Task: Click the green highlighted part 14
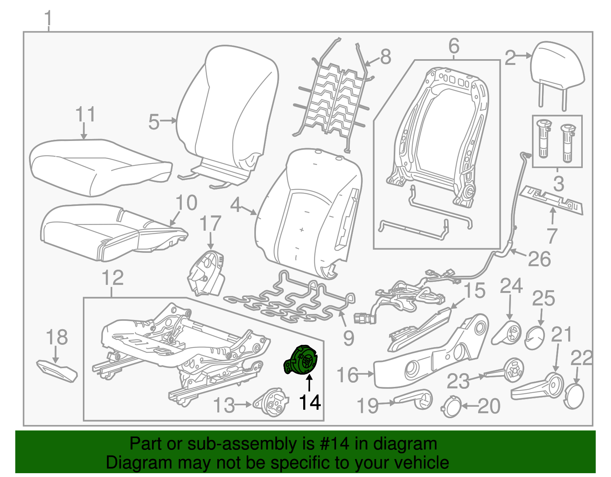pyautogui.click(x=301, y=360)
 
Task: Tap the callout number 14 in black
pyautogui.click(x=310, y=403)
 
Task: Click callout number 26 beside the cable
pyautogui.click(x=539, y=259)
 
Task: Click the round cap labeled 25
pyautogui.click(x=535, y=338)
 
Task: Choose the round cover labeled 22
pyautogui.click(x=574, y=397)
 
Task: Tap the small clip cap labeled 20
pyautogui.click(x=452, y=407)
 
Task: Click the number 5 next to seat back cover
pyautogui.click(x=154, y=122)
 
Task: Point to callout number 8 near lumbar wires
pyautogui.click(x=385, y=57)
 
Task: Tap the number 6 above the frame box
pyautogui.click(x=454, y=47)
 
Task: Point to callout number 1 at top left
pyautogui.click(x=48, y=19)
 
